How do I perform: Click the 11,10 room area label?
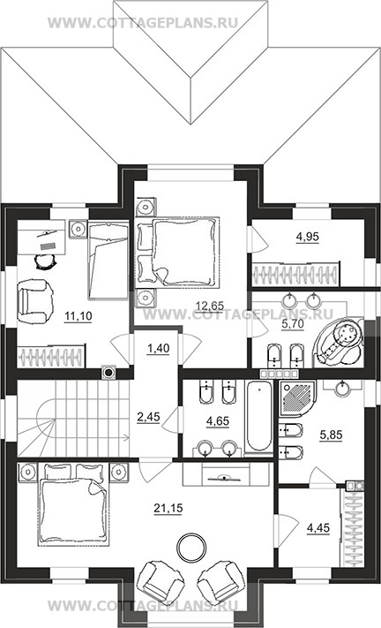click(78, 316)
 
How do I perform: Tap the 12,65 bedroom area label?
click(210, 306)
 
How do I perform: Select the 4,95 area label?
click(307, 237)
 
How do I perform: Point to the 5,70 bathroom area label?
click(293, 324)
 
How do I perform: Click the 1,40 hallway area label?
click(159, 348)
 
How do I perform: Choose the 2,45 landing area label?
click(148, 417)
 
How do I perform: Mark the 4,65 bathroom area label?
click(218, 421)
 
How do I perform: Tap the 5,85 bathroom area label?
click(331, 435)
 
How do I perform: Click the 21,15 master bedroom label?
click(168, 508)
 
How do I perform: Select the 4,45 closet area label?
click(318, 528)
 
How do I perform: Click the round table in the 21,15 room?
click(192, 548)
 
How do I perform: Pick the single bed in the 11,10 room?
click(108, 261)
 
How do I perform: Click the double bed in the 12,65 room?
click(178, 252)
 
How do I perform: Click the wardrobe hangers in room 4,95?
click(295, 274)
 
